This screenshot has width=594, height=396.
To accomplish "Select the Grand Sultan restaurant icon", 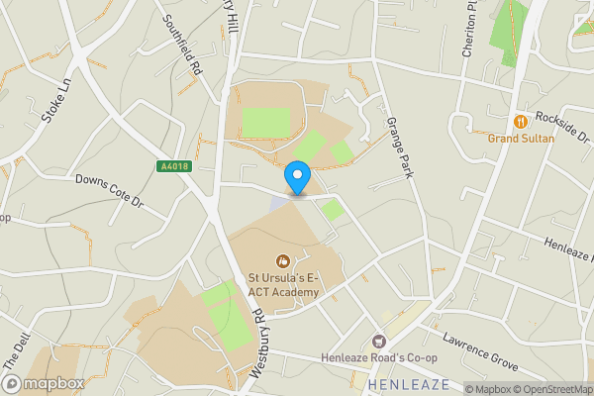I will [518, 122].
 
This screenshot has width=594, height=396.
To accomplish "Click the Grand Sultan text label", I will [521, 139].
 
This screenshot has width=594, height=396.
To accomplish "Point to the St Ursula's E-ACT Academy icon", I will [282, 262].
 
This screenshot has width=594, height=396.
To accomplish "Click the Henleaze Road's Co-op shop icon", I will [377, 341].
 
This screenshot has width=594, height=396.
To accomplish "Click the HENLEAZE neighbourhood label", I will [408, 383].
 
